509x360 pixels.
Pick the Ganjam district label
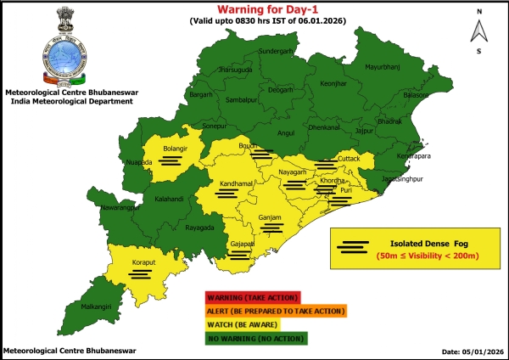coord(270,217)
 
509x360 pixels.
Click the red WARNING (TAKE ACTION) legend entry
coord(252,297)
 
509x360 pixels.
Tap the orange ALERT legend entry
coord(275,311)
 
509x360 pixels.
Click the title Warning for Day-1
coord(270,11)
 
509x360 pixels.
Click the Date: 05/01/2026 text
coord(473,351)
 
